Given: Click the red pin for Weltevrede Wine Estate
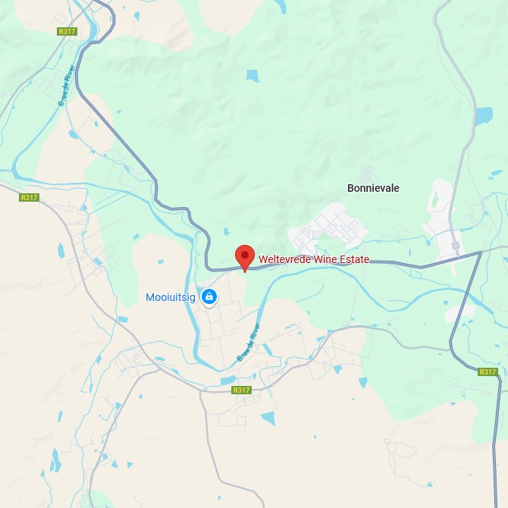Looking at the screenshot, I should (244, 256).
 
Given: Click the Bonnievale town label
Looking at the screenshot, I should (373, 188).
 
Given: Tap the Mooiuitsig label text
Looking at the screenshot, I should (171, 297).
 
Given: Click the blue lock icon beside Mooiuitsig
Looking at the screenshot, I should (209, 297).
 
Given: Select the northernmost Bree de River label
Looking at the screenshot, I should (65, 89).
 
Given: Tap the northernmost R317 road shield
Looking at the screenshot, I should (67, 31).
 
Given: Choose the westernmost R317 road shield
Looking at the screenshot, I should (29, 197).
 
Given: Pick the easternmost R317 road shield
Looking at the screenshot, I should (488, 372).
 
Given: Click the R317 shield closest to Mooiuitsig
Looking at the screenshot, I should (241, 390).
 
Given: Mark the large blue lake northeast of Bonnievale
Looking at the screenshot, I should (483, 115).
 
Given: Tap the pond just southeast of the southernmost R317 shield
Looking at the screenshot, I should (268, 417).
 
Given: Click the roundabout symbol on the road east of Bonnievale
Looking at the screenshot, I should (456, 245).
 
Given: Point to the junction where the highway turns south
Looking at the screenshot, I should (481, 252).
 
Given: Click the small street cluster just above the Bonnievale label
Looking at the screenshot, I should (368, 172).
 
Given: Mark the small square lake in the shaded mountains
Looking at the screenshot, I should (252, 76).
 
